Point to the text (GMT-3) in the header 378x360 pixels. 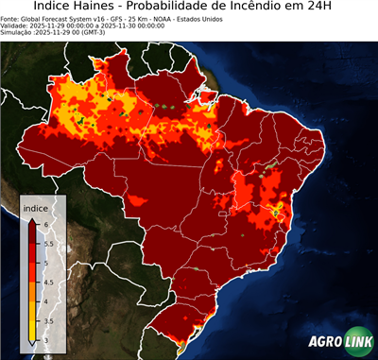[92, 33]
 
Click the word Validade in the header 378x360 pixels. [16, 26]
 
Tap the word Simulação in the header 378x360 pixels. [18, 33]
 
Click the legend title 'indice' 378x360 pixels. [36, 207]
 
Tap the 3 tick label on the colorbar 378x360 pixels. [46, 340]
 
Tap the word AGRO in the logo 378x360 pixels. [324, 341]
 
